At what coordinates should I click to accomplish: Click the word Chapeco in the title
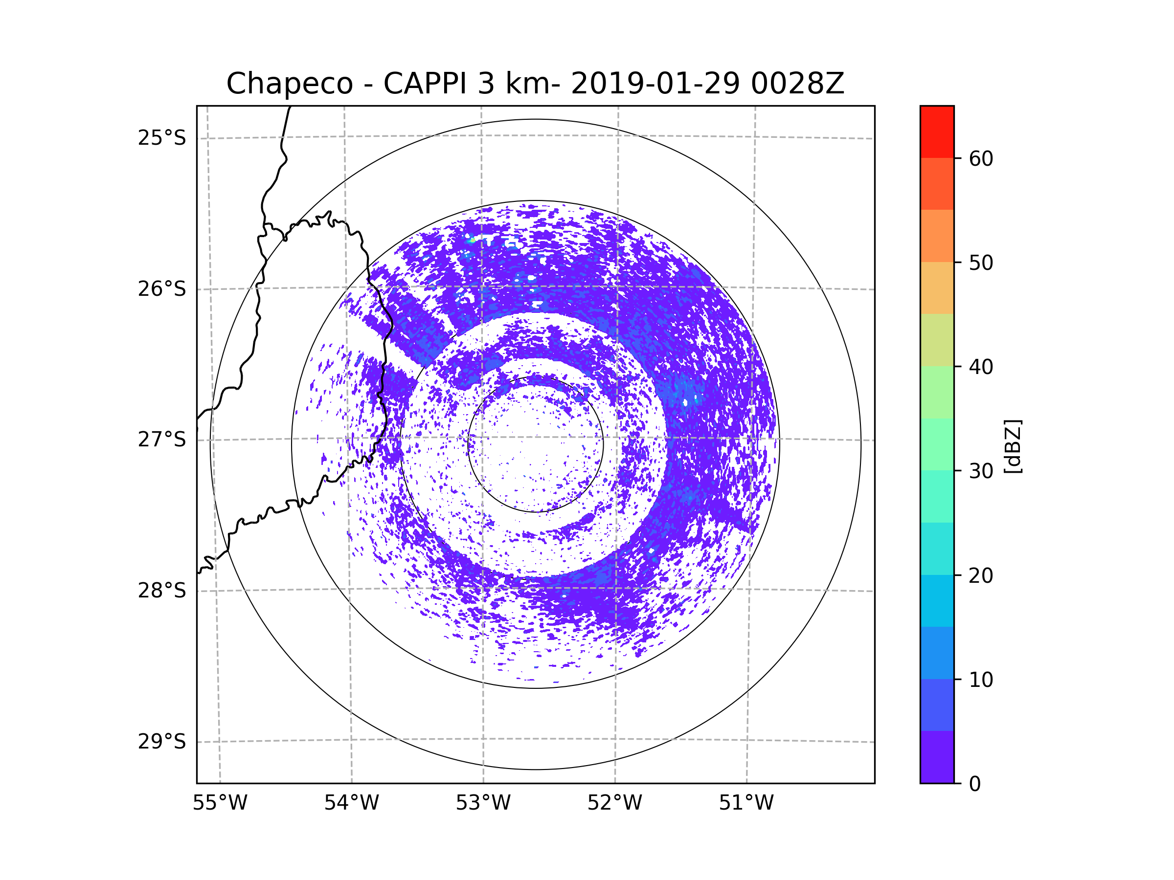(289, 84)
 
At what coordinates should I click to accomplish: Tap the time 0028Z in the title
(797, 84)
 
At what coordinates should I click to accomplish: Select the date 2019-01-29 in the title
(655, 84)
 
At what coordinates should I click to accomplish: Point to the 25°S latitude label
(162, 138)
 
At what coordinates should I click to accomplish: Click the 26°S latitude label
(162, 289)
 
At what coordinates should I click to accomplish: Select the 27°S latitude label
(162, 440)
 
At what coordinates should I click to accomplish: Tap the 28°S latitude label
(162, 591)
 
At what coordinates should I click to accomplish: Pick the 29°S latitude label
(162, 742)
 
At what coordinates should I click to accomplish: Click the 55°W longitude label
(220, 803)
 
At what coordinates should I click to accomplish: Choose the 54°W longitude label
(351, 803)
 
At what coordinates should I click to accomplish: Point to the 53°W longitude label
(483, 803)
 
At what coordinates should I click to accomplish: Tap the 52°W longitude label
(614, 803)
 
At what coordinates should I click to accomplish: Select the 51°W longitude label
(746, 803)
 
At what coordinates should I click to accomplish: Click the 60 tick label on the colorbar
(981, 158)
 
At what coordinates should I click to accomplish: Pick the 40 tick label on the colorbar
(981, 367)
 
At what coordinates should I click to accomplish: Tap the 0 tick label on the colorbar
(975, 784)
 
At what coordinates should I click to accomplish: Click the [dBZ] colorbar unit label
(1013, 446)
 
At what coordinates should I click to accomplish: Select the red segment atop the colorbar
(937, 132)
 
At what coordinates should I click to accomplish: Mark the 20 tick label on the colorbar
(981, 575)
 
